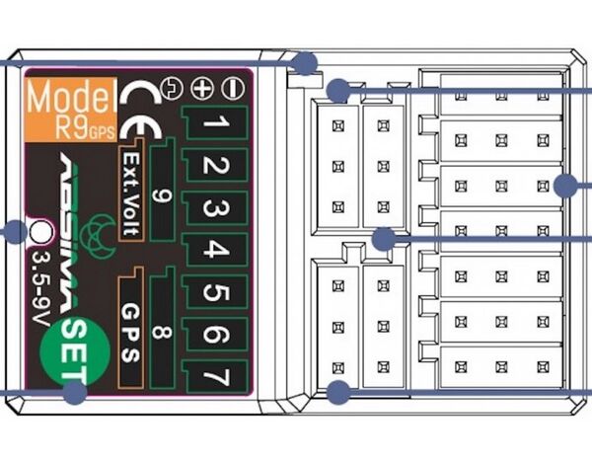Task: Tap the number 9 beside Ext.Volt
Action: [x=164, y=193]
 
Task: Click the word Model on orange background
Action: [x=67, y=99]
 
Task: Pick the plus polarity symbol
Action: [x=204, y=87]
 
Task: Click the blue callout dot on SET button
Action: [x=75, y=392]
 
